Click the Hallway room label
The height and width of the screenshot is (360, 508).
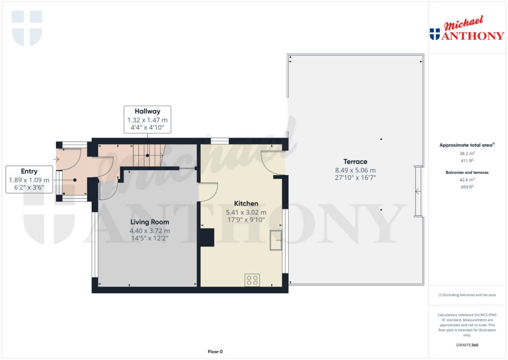click(147, 111)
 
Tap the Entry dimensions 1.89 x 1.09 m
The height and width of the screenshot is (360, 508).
click(29, 180)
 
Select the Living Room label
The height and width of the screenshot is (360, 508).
click(149, 222)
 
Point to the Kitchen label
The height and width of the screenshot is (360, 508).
click(246, 204)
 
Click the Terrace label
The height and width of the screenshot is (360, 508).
click(355, 161)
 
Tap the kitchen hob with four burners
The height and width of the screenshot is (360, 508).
click(252, 280)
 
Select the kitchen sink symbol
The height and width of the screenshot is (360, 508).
click(275, 241)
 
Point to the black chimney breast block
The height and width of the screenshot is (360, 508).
click(207, 237)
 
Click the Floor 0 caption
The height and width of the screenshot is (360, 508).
click(215, 352)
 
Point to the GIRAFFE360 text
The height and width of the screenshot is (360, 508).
click(467, 345)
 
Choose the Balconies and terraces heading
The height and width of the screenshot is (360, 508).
click(467, 172)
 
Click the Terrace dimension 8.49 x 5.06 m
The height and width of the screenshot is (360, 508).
click(355, 170)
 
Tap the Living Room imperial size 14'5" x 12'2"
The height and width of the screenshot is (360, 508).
click(149, 238)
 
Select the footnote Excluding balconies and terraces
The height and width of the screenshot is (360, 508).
click(467, 295)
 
